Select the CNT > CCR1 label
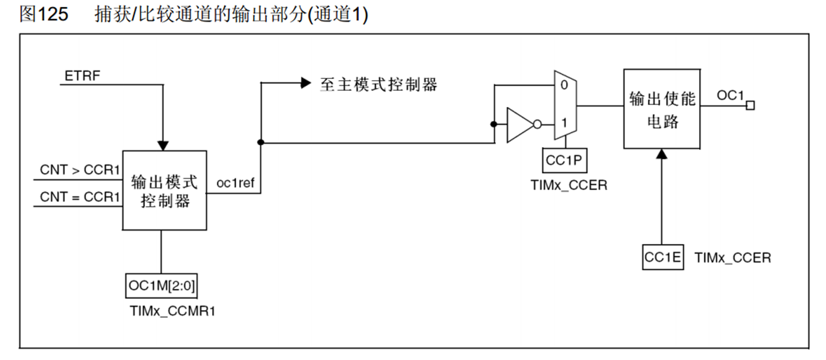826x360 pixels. [80, 170]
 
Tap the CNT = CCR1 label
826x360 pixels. [80, 197]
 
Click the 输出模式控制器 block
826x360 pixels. [165, 190]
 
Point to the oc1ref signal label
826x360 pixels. [235, 183]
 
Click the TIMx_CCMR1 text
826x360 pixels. [172, 311]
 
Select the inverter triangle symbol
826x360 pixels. [519, 124]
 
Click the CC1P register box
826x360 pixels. [565, 161]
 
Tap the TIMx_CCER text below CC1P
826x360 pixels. [569, 185]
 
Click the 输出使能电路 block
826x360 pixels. [661, 109]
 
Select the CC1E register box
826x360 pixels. [663, 258]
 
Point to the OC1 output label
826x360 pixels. [730, 96]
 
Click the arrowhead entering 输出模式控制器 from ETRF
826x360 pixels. [163, 145]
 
